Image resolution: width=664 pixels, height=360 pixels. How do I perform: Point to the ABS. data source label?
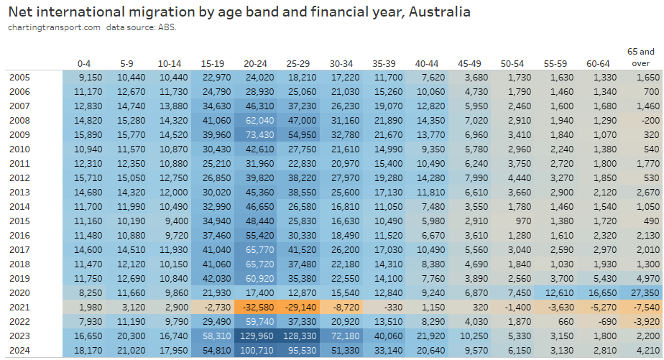165,27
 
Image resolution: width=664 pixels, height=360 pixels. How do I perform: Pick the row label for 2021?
19,305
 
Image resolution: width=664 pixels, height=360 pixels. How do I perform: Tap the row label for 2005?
19,77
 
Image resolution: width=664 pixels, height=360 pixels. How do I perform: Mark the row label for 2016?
19,234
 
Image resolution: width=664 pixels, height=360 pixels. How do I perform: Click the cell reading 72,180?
346,335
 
